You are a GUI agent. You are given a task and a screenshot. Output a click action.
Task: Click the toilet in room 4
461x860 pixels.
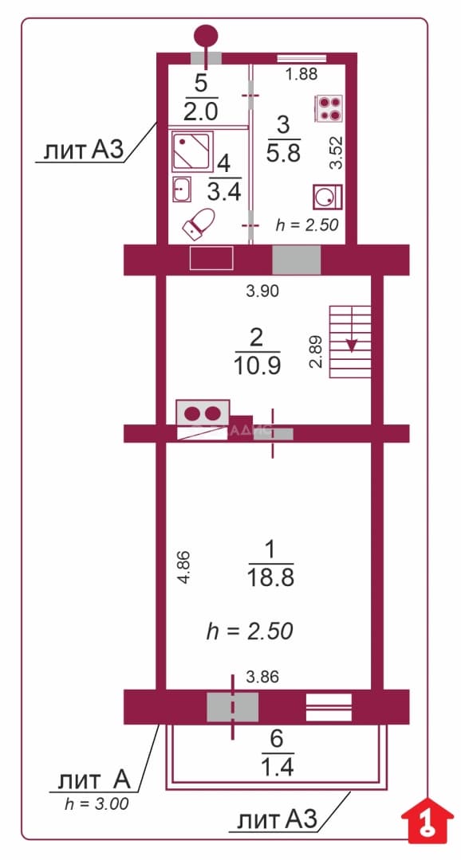[x=199, y=224]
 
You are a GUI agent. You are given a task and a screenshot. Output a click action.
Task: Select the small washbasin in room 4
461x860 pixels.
[x=182, y=190]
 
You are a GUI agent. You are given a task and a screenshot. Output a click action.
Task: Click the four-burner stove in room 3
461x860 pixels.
[x=329, y=108]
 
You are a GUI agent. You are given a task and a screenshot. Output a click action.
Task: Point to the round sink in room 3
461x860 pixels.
[x=327, y=197]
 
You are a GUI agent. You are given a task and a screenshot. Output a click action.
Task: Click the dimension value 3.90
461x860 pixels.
[x=262, y=291]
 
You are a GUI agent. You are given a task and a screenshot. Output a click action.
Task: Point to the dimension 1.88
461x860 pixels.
[x=301, y=75]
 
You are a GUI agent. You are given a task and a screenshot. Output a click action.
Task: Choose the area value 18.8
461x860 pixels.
[x=271, y=577]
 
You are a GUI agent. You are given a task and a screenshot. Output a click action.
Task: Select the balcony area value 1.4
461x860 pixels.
[x=277, y=767]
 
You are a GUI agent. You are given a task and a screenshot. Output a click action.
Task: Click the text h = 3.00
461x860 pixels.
[x=97, y=804]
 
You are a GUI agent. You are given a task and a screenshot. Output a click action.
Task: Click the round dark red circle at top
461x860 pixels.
[x=206, y=36]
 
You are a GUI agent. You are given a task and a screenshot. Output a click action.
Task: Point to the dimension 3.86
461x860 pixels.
[x=262, y=678]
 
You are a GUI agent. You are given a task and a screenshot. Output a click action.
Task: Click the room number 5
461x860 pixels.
[x=201, y=84]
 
